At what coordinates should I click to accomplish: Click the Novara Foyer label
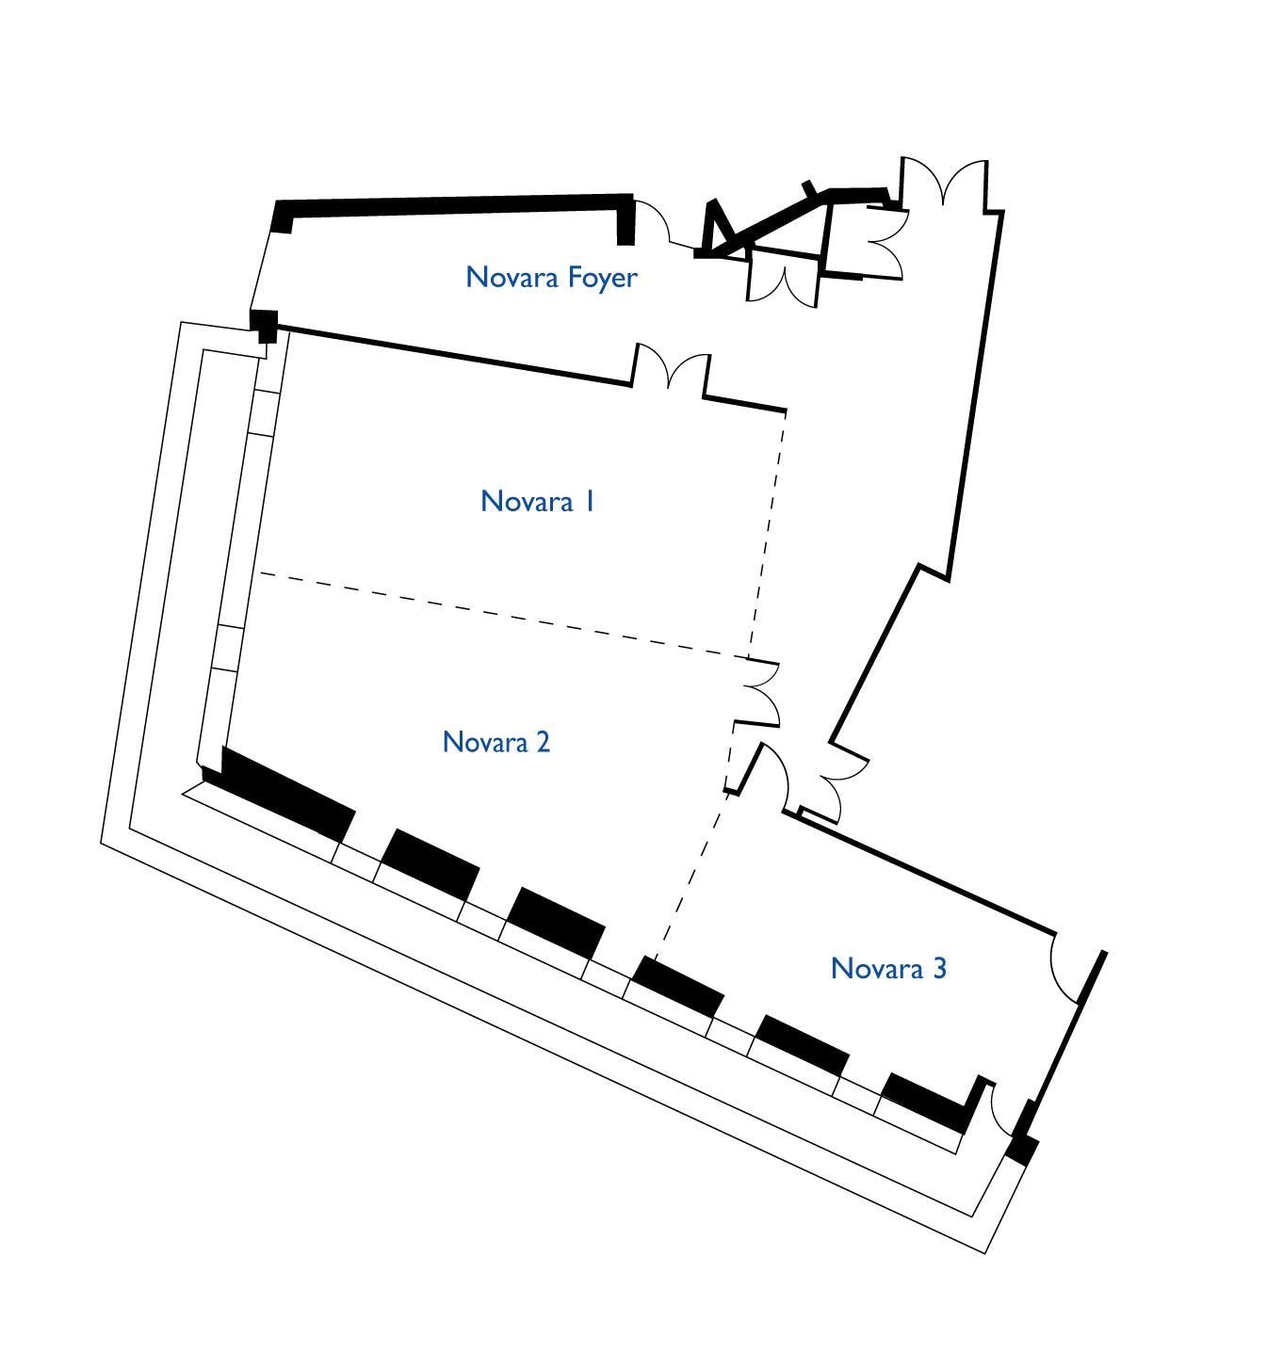click(x=551, y=278)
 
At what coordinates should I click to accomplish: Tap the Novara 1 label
click(x=537, y=501)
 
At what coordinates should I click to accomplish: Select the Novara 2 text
click(x=495, y=742)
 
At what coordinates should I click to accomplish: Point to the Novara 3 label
click(x=888, y=968)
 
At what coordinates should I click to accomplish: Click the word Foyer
click(x=603, y=279)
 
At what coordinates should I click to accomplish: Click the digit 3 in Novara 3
click(x=939, y=968)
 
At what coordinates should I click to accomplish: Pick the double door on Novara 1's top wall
click(x=671, y=368)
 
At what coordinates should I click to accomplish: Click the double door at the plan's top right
click(x=945, y=181)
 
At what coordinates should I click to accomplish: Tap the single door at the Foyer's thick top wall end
click(x=653, y=221)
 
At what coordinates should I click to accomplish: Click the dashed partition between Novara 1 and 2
click(x=503, y=615)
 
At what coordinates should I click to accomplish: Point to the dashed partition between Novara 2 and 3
click(x=691, y=874)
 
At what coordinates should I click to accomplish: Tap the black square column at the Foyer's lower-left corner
click(x=264, y=325)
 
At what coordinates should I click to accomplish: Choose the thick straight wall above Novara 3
click(x=918, y=869)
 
